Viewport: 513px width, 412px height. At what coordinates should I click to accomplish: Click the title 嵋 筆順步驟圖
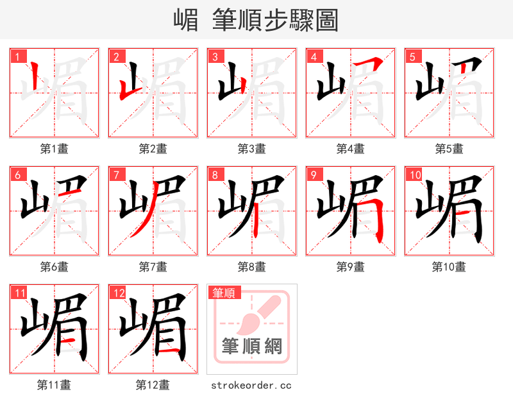pos(256,20)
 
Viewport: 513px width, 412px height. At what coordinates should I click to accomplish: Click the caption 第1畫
pos(55,149)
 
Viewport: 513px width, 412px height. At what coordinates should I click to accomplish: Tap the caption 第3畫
pos(252,149)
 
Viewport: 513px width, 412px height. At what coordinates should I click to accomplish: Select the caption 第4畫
pos(351,149)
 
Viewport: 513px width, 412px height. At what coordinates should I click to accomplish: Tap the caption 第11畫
pos(55,385)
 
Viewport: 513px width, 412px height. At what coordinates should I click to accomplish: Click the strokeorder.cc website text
pos(252,385)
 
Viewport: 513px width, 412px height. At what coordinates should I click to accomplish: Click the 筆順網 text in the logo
pos(252,347)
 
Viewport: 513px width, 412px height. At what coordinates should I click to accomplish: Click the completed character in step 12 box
pos(153,329)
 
